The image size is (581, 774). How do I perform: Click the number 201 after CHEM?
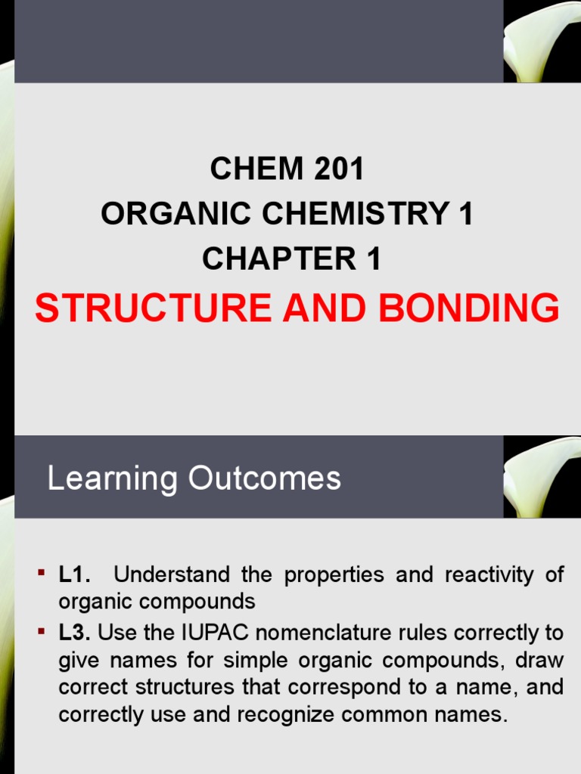(x=337, y=170)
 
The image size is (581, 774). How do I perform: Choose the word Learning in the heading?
(x=113, y=478)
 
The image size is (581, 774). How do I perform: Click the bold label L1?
(x=75, y=575)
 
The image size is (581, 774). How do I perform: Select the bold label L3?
(x=75, y=632)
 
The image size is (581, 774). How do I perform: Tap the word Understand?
(x=172, y=575)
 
